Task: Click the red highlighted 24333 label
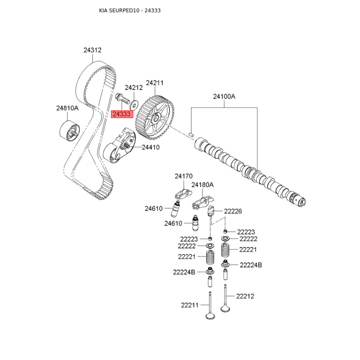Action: click(x=122, y=114)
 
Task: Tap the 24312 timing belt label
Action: click(x=92, y=50)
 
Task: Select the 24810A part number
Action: click(x=67, y=108)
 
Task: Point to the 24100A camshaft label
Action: click(x=224, y=97)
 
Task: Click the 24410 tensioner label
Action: click(x=151, y=147)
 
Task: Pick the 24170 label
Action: click(x=184, y=176)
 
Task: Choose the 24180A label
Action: click(x=202, y=185)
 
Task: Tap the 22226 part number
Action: click(x=233, y=211)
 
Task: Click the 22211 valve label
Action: click(x=189, y=305)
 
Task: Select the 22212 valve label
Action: click(x=245, y=296)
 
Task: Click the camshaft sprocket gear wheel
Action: click(x=154, y=118)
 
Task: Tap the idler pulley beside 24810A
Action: click(x=70, y=131)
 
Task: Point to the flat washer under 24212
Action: click(x=134, y=105)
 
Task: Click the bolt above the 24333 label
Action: click(x=122, y=98)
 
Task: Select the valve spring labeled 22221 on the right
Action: click(x=226, y=250)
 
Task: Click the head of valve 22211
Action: click(x=211, y=316)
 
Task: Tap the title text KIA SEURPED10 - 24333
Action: click(x=130, y=10)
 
